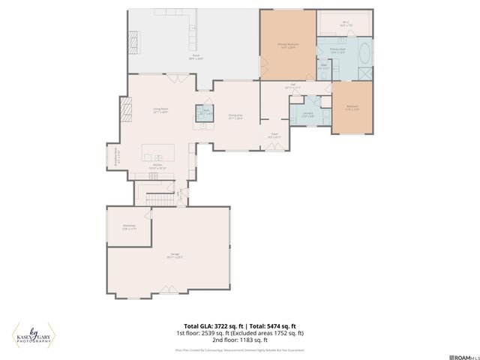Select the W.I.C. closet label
click(x=346, y=23)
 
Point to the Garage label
click(x=174, y=256)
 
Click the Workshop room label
click(x=128, y=227)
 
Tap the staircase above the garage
click(x=158, y=198)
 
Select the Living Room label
click(x=160, y=110)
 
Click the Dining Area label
click(x=235, y=116)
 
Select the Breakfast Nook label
click(x=113, y=158)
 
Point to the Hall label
click(x=292, y=85)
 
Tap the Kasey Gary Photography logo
click(x=34, y=335)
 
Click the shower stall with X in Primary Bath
click(x=364, y=73)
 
